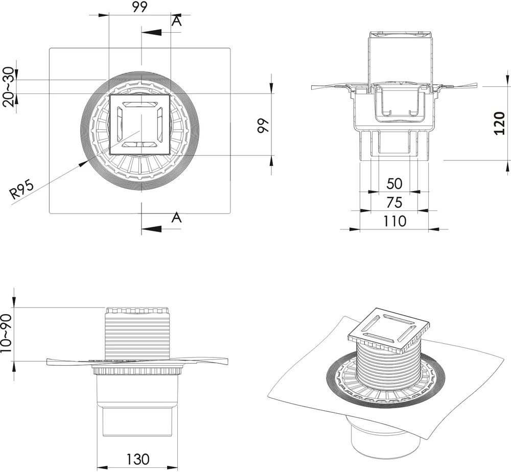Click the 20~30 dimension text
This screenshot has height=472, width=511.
pos(9,86)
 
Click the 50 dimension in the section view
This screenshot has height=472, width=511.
pos(394,183)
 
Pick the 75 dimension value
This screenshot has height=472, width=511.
pos(394,202)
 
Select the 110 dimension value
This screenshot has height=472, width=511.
pos(394,221)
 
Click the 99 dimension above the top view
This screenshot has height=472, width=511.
pos(140,7)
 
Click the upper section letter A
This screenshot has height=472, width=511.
pos(176,20)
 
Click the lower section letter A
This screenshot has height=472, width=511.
pos(176,218)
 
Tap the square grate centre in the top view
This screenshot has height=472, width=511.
pos(140,124)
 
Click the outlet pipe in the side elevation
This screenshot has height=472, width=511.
pos(137,419)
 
